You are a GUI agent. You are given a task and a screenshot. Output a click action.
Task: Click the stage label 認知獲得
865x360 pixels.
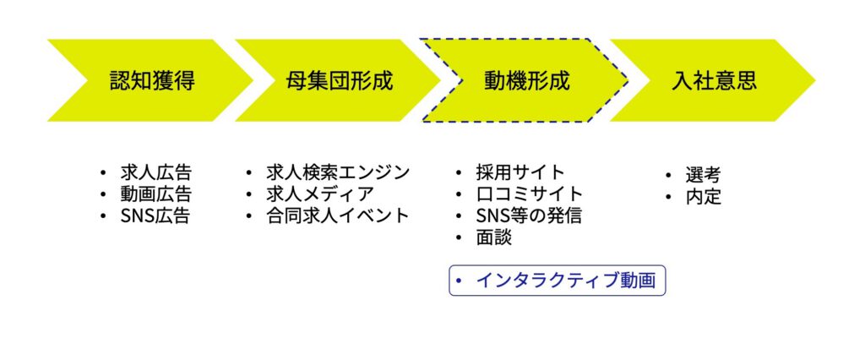point(152,80)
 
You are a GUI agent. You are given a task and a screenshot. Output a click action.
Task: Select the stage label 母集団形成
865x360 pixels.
point(339,80)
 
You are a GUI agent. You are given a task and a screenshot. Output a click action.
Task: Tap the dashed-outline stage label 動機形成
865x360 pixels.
point(526,80)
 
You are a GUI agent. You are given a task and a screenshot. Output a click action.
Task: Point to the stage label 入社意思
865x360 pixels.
point(714,80)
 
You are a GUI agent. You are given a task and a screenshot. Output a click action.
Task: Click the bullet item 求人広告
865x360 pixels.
point(155,172)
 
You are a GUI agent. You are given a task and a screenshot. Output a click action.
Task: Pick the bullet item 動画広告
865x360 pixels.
point(155,194)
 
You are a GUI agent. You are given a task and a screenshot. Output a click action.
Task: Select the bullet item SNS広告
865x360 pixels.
point(155,215)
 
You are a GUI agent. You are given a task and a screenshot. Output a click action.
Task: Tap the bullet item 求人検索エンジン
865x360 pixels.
point(338,172)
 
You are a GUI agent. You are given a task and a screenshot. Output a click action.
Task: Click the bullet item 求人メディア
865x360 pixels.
point(319,194)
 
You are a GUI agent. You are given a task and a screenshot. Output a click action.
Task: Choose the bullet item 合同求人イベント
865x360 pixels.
point(338,215)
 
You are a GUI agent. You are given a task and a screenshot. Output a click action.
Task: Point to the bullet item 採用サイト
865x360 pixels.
point(520,172)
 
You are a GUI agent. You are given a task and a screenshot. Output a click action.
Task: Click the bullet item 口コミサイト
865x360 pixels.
point(529,194)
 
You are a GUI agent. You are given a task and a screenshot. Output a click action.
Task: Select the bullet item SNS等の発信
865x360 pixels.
point(529,215)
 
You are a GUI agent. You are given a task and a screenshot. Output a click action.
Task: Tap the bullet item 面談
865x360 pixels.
point(493,237)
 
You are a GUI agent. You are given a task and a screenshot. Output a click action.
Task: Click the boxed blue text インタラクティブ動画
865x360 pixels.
point(566,281)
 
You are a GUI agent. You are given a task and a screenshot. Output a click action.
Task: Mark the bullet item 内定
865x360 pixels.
point(704,197)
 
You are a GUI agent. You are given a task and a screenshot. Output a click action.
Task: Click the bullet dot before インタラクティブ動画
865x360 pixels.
point(459,281)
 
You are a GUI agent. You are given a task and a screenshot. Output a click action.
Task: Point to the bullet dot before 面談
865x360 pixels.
point(459,237)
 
